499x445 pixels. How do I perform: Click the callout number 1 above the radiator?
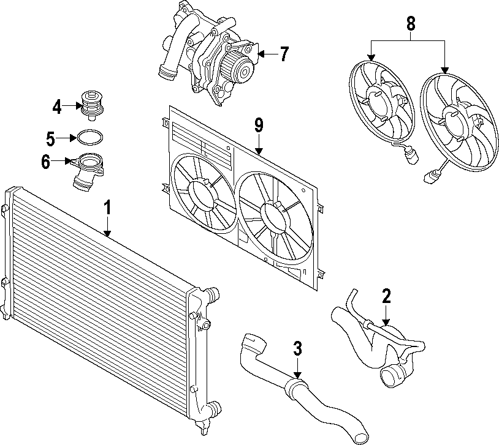click(x=107, y=208)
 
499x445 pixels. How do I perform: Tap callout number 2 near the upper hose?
click(x=386, y=297)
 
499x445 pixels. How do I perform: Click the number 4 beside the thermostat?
click(x=57, y=108)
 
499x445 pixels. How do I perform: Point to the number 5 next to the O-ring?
click(x=50, y=138)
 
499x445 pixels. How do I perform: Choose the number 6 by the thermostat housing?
click(x=46, y=162)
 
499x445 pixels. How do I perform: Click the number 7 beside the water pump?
click(x=283, y=54)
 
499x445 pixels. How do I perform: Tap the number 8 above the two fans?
click(x=411, y=24)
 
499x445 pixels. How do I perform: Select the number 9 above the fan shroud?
click(x=259, y=126)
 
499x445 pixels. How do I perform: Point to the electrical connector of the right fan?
click(x=429, y=178)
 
